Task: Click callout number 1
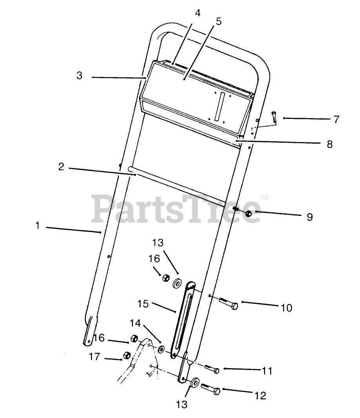[38, 226]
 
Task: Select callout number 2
[61, 166]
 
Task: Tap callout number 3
[79, 76]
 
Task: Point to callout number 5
[218, 21]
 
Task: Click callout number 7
[336, 119]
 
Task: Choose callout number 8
[329, 144]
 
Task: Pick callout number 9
[309, 217]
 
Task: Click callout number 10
[287, 307]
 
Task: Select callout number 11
[267, 371]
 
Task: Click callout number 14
[135, 323]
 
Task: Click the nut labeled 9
[248, 214]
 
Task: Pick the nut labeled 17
[127, 355]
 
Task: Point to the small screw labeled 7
[275, 117]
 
